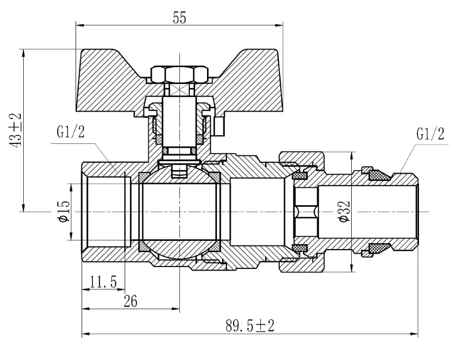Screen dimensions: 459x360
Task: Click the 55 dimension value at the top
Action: click(x=179, y=18)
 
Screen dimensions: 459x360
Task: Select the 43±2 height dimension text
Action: click(x=15, y=130)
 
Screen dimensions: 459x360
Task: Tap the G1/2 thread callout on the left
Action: click(x=71, y=132)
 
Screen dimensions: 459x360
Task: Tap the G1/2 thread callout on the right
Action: click(x=430, y=134)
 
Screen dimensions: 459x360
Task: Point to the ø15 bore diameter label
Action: click(x=64, y=212)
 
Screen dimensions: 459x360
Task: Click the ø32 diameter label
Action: click(x=344, y=212)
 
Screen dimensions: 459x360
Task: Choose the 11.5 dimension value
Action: click(x=103, y=282)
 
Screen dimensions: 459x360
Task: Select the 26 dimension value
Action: click(x=130, y=301)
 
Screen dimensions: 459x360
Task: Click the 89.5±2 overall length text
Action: click(x=250, y=325)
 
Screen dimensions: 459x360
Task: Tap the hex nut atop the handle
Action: click(x=179, y=74)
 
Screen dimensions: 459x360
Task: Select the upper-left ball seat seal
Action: click(x=144, y=177)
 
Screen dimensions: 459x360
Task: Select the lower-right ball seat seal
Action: click(x=215, y=246)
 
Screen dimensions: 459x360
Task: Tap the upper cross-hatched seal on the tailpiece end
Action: click(x=380, y=175)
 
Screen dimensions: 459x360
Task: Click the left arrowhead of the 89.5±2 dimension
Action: click(x=85, y=333)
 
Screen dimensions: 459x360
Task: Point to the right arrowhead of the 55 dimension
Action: click(x=280, y=25)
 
